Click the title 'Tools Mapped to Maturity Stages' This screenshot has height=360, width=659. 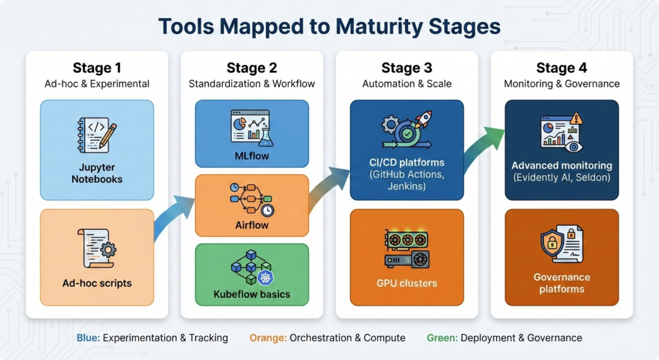[x=329, y=26]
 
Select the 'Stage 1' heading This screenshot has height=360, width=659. [x=97, y=68]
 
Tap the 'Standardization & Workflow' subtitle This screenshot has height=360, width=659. [x=251, y=84]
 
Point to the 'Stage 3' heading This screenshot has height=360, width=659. [x=406, y=68]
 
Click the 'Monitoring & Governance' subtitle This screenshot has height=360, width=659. [x=561, y=84]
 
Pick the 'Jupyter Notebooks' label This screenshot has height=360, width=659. [x=97, y=173]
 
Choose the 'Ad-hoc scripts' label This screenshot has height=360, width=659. [x=97, y=283]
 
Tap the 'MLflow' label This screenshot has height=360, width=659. [x=252, y=156]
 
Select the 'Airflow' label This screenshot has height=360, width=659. [x=252, y=225]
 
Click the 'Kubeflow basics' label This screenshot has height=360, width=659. [x=252, y=294]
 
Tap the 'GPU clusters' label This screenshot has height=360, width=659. [x=406, y=283]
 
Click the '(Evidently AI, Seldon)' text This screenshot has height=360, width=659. [x=561, y=178]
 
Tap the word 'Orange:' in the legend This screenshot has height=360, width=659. [x=268, y=337]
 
